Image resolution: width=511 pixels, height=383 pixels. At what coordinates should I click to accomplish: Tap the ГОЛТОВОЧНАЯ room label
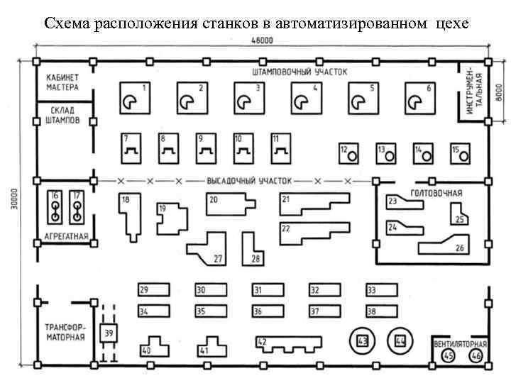click(437, 193)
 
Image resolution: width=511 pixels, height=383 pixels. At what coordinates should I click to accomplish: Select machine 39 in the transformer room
click(110, 333)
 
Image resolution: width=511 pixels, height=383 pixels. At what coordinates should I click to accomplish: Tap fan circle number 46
click(476, 355)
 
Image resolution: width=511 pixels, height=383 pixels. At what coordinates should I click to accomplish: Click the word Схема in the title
click(66, 23)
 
